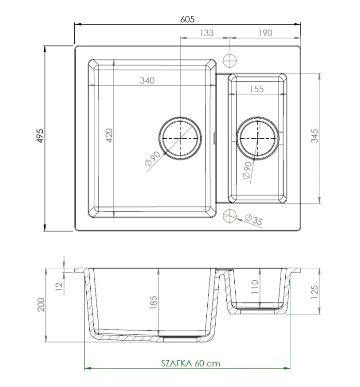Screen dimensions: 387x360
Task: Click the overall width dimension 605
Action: pyautogui.click(x=188, y=19)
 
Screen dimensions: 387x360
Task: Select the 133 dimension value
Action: pyautogui.click(x=206, y=33)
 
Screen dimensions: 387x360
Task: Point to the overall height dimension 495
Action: pyautogui.click(x=41, y=136)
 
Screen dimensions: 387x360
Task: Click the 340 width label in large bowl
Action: pyautogui.click(x=147, y=80)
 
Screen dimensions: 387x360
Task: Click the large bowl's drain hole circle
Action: pyautogui.click(x=179, y=137)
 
